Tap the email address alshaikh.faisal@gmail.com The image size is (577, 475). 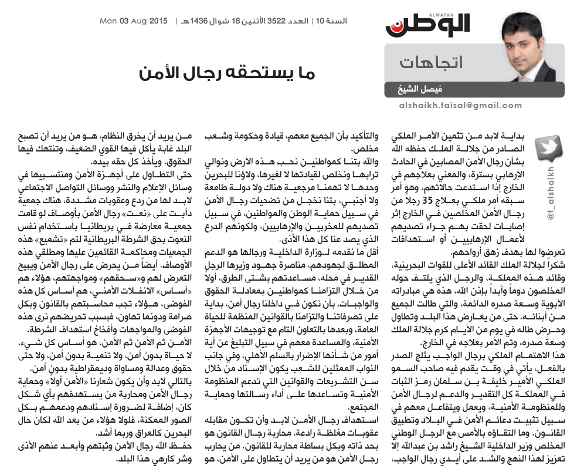tap(473, 106)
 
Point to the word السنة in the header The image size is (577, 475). tap(336, 22)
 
